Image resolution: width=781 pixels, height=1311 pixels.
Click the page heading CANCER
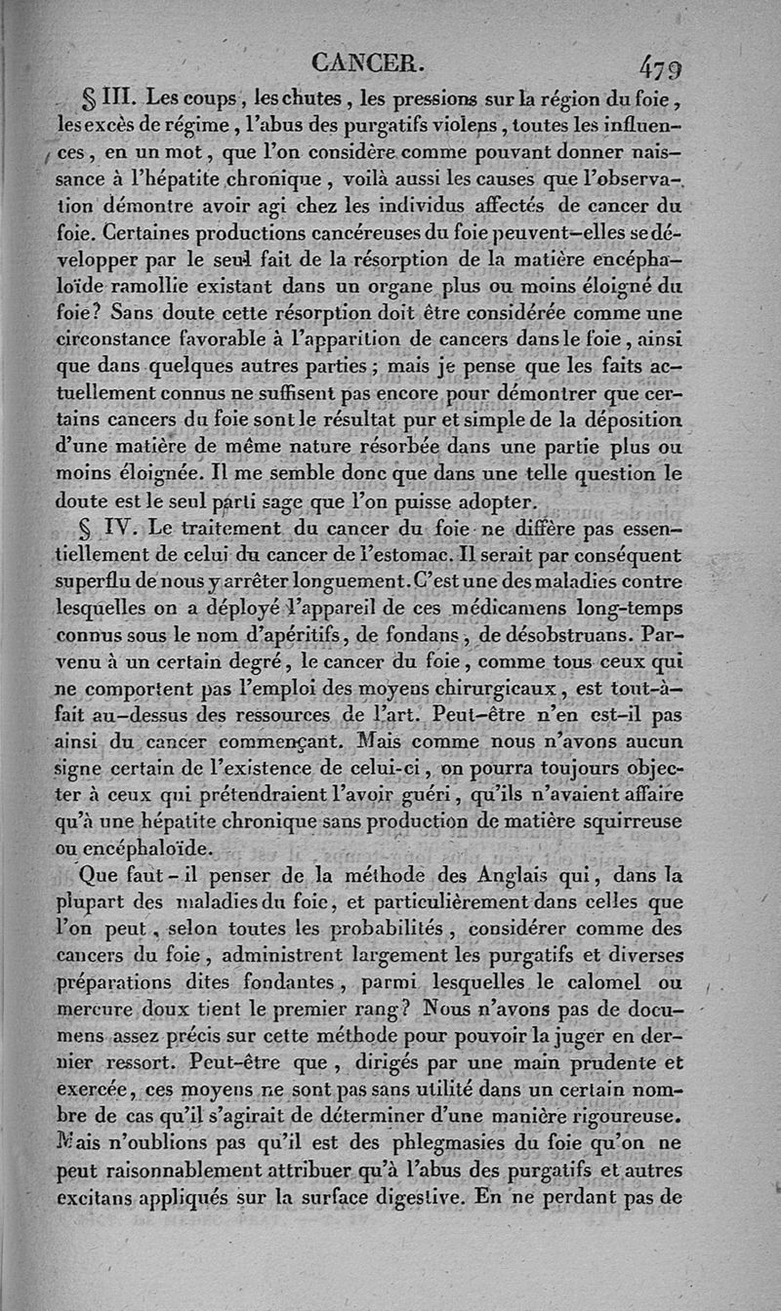[x=367, y=64]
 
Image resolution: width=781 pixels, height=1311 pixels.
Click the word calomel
[x=603, y=981]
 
